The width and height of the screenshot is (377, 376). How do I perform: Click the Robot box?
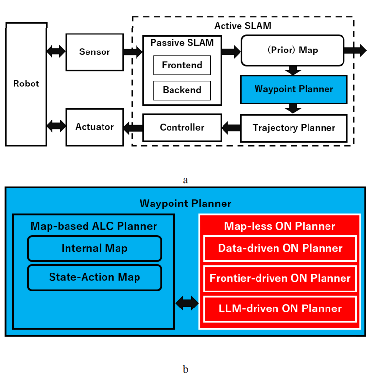tap(26, 84)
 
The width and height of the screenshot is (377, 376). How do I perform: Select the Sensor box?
tap(94, 52)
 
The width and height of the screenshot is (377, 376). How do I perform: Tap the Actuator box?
tap(94, 127)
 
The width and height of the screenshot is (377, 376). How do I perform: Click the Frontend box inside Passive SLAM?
tap(182, 65)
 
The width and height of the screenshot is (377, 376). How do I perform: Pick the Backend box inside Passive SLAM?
tap(182, 90)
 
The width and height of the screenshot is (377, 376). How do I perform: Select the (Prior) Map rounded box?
tap(293, 51)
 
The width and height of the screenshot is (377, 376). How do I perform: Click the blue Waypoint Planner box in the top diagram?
tap(293, 89)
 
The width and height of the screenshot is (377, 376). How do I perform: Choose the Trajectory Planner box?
tap(293, 128)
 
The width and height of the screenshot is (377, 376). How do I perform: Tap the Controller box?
tap(182, 128)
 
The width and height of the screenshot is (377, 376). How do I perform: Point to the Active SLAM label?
tap(242, 25)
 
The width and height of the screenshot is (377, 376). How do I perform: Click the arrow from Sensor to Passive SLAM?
tap(133, 52)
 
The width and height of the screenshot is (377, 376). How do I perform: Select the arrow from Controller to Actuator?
tap(133, 128)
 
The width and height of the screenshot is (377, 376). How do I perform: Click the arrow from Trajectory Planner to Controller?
tap(231, 128)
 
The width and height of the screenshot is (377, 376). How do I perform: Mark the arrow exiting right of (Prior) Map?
tap(357, 51)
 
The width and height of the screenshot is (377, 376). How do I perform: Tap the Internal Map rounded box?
tap(94, 248)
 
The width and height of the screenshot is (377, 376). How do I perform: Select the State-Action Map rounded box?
tap(94, 277)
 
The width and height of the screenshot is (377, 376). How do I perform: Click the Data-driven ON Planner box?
tap(280, 248)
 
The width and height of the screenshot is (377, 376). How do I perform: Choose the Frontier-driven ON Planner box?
tap(280, 278)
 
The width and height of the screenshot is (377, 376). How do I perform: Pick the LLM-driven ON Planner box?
tap(280, 308)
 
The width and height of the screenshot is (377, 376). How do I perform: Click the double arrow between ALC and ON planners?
tap(187, 304)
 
